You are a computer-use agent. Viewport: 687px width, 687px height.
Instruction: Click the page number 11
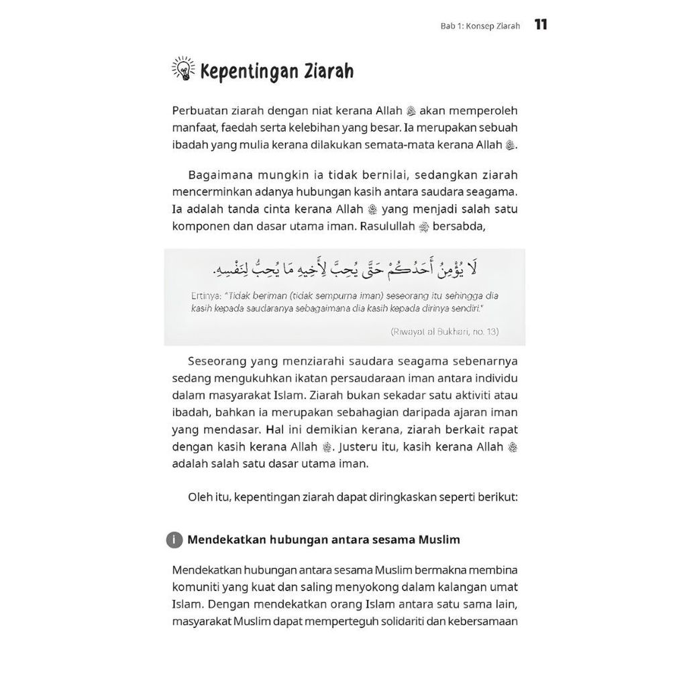541,25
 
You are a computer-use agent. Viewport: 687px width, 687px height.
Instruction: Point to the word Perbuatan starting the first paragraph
201,110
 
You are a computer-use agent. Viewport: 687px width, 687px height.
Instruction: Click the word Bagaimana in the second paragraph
218,175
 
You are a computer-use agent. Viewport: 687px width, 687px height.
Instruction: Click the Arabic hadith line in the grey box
344,270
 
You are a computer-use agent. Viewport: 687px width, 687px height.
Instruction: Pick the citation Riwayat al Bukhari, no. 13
444,331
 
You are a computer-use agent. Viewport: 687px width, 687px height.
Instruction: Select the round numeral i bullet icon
174,539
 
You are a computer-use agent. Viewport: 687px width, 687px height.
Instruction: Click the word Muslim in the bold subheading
439,539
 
